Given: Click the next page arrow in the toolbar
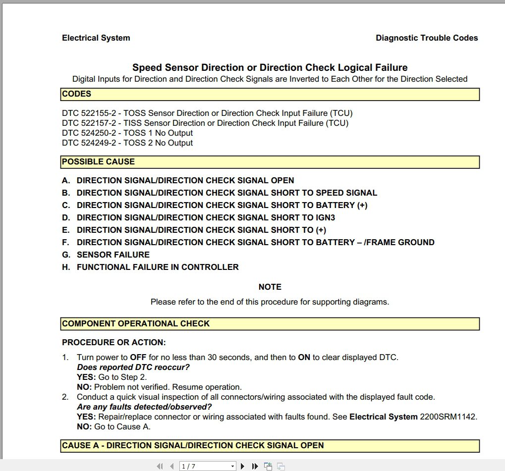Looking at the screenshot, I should coord(242,466).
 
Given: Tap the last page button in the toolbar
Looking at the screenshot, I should coord(255,466).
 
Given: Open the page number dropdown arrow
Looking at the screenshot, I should coord(232,466).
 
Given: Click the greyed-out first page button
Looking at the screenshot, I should coord(160,466).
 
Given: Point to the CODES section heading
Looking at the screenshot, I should coord(76,94).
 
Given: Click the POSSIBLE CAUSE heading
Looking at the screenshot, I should coord(98,161).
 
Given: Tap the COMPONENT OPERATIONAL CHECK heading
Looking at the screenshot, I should coord(136,323).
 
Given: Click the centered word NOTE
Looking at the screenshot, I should coord(270,287).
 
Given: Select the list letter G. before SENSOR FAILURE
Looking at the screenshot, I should coord(66,255).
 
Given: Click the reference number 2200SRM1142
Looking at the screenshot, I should coord(449,417).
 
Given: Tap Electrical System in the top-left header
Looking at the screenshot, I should coord(96,38).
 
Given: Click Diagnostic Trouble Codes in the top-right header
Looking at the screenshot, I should coord(427,38).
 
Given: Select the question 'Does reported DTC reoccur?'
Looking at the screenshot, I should coord(133,367).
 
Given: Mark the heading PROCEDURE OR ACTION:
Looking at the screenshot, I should coord(114,342).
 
